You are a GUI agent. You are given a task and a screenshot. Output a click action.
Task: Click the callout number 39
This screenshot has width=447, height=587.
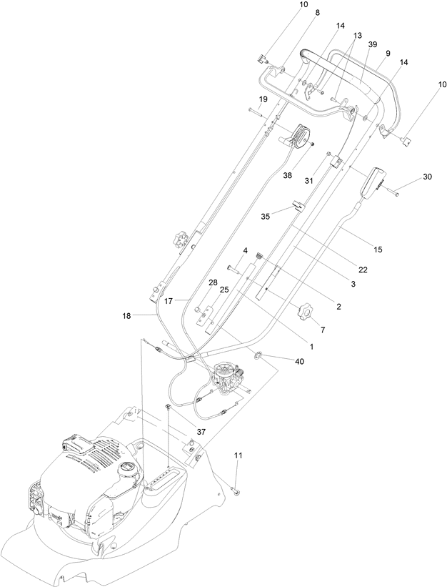(373, 44)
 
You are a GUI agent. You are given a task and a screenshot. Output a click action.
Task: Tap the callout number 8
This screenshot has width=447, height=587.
(318, 13)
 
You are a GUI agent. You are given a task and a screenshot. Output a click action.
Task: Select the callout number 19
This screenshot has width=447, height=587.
(263, 99)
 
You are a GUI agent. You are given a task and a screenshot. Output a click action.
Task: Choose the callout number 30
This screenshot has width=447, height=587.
(427, 177)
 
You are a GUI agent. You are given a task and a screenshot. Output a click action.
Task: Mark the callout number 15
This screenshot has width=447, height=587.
(378, 249)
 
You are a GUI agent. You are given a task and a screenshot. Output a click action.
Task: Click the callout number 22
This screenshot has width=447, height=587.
(363, 269)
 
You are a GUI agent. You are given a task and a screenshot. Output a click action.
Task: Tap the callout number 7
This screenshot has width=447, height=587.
(323, 330)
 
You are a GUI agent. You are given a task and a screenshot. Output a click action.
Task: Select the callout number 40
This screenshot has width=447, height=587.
(299, 361)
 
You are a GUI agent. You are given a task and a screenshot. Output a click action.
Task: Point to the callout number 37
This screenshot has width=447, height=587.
(201, 432)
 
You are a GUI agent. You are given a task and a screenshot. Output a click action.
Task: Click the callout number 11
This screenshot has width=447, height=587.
(238, 455)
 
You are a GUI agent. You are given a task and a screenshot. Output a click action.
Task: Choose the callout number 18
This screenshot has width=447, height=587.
(126, 316)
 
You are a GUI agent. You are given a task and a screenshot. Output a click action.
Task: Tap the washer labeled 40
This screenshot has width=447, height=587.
(258, 355)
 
